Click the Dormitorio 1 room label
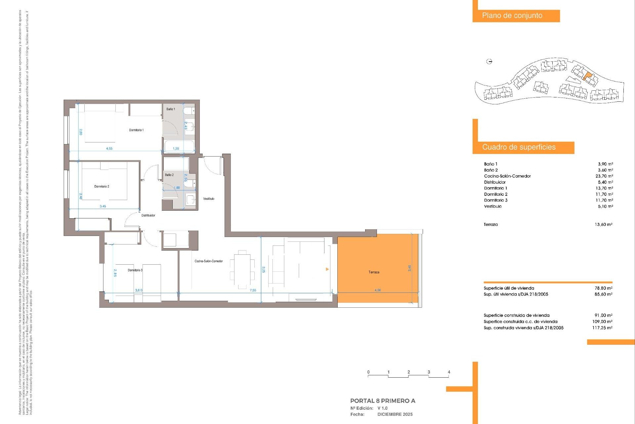[136, 130]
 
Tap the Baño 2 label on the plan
[169, 175]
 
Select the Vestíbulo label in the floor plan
[209, 199]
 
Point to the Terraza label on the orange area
[374, 272]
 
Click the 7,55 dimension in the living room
[253, 290]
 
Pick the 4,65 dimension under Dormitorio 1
[109, 149]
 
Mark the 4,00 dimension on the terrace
[377, 290]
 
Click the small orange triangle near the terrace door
[327, 269]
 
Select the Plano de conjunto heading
[512, 16]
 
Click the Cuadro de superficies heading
[519, 147]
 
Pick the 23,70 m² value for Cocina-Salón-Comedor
[604, 176]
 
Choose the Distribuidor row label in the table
[494, 182]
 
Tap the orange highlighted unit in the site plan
[587, 76]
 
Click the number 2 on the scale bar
[409, 372]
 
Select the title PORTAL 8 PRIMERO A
[383, 401]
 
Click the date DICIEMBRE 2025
[395, 414]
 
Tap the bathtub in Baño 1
[179, 146]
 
